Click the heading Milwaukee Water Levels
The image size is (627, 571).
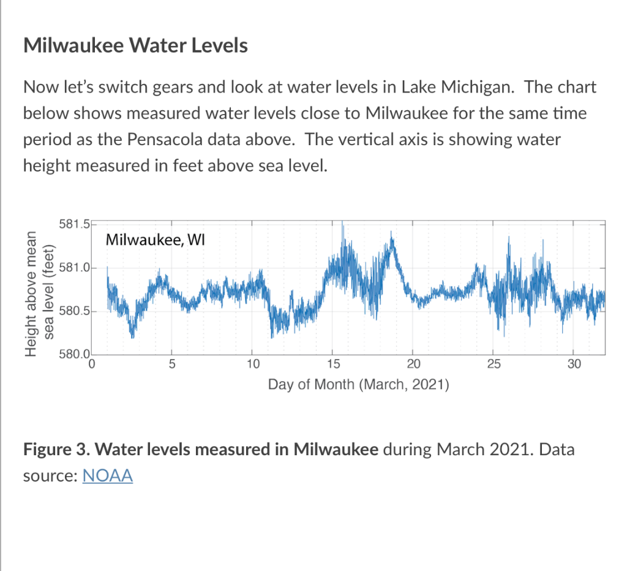135,46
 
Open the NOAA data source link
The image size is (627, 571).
107,475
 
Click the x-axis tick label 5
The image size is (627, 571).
172,366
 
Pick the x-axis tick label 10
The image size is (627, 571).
252,366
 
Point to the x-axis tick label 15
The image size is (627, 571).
332,366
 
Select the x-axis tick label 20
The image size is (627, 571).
413,366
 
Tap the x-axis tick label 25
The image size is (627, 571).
493,366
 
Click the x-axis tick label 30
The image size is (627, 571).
573,366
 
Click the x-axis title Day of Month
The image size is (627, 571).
358,385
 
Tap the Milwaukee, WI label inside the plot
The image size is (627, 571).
155,240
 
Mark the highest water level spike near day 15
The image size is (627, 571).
342,224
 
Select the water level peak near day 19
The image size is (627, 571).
392,236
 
